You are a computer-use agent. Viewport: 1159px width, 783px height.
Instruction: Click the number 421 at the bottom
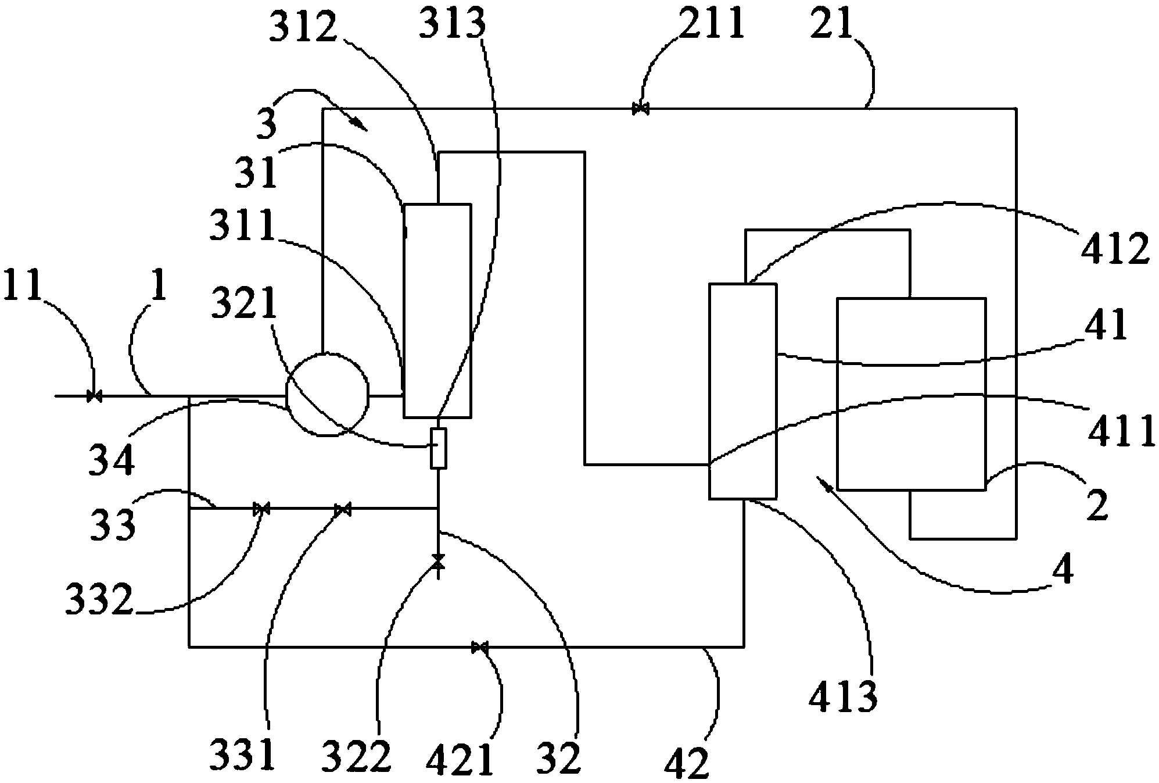(x=460, y=758)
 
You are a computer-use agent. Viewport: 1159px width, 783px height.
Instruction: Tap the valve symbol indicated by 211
(x=640, y=109)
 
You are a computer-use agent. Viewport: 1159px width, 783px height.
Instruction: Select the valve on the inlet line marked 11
(x=94, y=396)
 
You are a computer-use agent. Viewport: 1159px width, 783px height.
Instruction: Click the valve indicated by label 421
(x=479, y=647)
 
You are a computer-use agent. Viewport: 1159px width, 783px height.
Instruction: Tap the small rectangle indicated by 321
(x=438, y=448)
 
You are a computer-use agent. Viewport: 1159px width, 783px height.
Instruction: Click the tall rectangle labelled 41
(x=742, y=391)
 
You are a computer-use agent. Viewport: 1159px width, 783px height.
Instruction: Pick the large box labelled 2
(x=910, y=394)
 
